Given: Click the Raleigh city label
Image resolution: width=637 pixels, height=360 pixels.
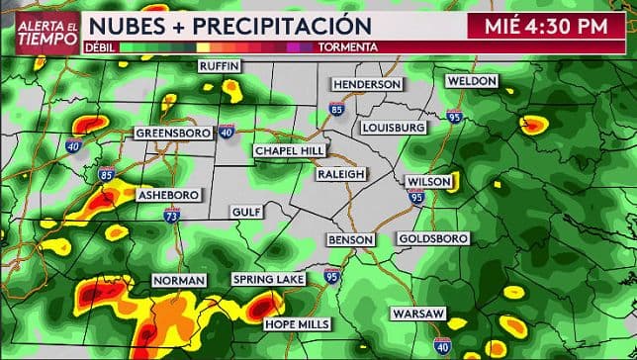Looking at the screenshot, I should (x=341, y=173).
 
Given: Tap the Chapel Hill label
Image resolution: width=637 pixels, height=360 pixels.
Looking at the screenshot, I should (x=289, y=150).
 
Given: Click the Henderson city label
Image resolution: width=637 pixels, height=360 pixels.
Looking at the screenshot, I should (x=367, y=85).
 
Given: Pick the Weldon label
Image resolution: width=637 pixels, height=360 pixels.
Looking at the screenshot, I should (x=471, y=80).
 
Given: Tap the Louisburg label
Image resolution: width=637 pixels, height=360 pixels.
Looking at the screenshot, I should (x=394, y=128).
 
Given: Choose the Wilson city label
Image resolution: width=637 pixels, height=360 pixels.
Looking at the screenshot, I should (x=429, y=182).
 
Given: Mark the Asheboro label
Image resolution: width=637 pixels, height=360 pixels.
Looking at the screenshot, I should (x=168, y=194).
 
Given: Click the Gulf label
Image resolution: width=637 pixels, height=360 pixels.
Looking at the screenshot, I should (x=245, y=212).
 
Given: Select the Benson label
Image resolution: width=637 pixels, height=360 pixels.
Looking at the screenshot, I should (x=351, y=240).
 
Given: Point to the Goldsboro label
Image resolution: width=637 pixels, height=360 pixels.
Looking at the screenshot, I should (x=432, y=239).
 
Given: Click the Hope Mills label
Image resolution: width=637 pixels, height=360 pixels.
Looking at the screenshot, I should (x=295, y=323).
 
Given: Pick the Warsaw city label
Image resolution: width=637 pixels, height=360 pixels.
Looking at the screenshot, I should (x=417, y=314).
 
